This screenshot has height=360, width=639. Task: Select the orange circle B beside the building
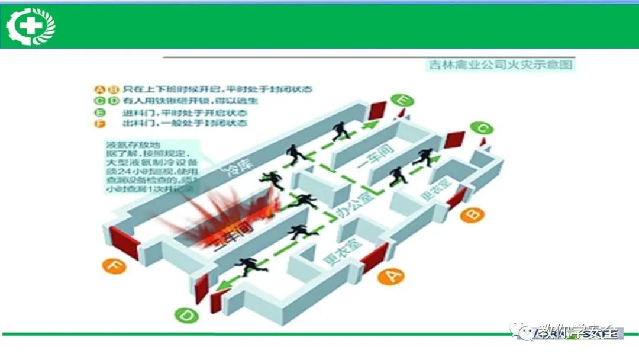pos(472,214)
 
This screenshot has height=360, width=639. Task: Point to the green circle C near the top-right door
pos(482,128)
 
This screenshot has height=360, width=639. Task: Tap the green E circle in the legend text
pos(99,112)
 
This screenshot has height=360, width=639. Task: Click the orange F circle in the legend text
pos(99,123)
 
